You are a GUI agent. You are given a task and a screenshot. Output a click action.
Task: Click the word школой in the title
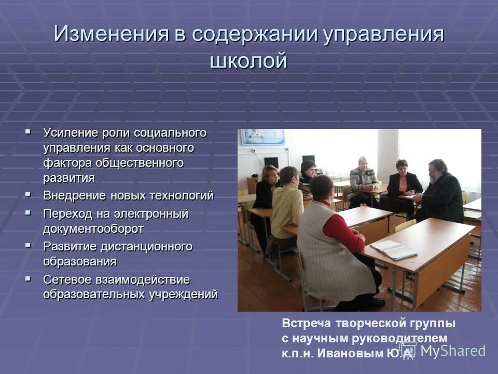point(248,61)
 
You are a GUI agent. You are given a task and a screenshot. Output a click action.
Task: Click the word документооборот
point(93,229)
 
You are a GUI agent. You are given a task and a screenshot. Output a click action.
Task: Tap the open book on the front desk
point(393,250)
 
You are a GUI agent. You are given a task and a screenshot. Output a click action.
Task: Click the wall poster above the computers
point(262,136)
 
